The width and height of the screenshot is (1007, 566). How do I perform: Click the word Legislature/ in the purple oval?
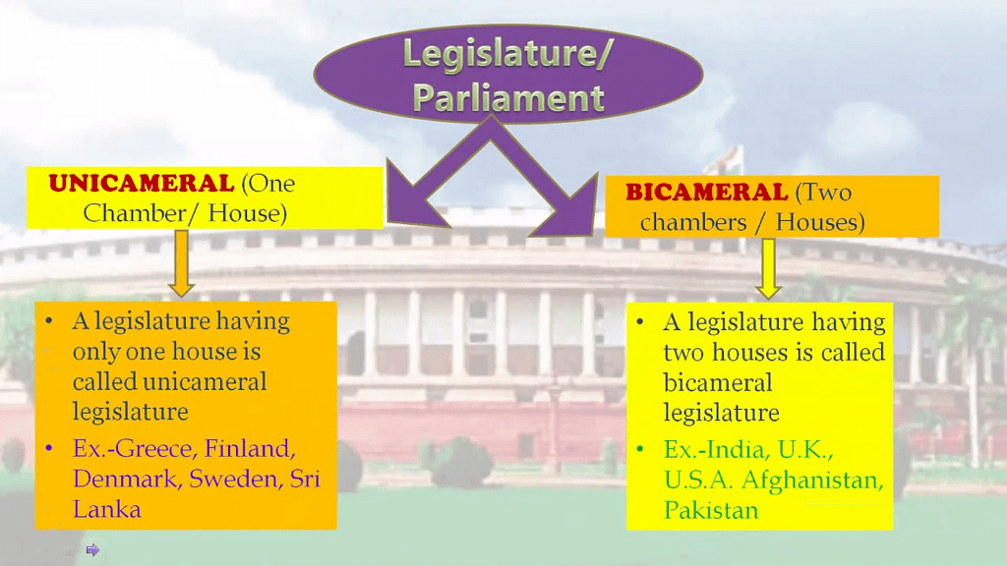[x=506, y=55]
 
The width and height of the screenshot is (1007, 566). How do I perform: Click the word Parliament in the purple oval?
[x=507, y=97]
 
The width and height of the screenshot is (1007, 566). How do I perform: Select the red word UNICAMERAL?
[x=142, y=183]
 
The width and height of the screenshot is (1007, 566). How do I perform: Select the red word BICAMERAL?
[x=707, y=192]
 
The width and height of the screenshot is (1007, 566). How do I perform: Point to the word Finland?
[x=252, y=449]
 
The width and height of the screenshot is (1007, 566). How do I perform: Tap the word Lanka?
[x=106, y=508]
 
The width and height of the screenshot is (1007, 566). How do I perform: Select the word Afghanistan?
[x=826, y=481]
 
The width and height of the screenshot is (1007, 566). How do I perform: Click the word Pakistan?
[x=711, y=510]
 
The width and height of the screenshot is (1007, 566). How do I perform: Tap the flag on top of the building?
[x=725, y=156]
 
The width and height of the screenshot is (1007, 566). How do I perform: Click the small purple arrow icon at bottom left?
[x=92, y=549]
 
